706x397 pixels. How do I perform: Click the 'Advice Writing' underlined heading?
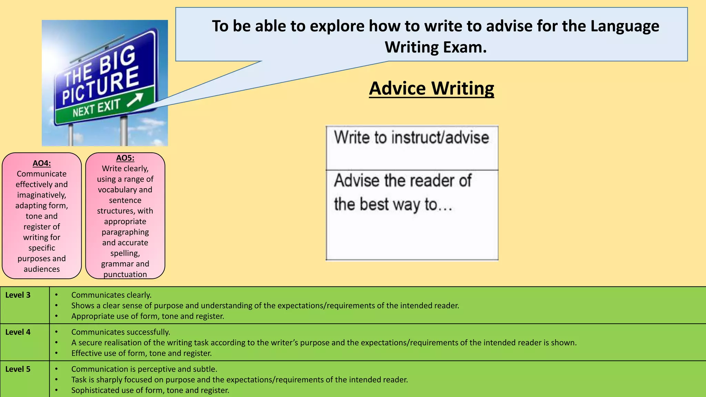coord(431,89)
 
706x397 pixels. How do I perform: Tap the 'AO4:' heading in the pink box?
coord(42,163)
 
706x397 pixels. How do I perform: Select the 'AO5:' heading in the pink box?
coord(125,158)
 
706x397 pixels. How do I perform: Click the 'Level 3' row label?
coord(18,295)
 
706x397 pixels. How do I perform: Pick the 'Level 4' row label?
coord(18,332)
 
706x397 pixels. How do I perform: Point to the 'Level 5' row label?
coord(18,369)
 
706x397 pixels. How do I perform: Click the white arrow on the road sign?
coord(135,100)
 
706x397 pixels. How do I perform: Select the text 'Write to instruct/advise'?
coord(411,138)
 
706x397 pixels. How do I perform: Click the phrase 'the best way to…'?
coord(393,204)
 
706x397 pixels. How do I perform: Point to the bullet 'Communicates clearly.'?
coord(111,295)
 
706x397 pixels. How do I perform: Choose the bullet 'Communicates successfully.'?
coord(121,332)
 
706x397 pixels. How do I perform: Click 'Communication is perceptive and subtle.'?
coord(144,369)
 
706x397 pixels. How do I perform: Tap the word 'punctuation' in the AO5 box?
coord(125,274)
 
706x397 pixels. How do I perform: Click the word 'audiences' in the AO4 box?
coord(42,269)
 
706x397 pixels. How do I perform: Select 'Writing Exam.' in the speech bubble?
coord(435,47)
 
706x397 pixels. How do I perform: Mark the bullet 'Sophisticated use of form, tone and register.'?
coord(150,390)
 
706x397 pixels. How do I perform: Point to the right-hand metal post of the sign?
coord(124,131)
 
